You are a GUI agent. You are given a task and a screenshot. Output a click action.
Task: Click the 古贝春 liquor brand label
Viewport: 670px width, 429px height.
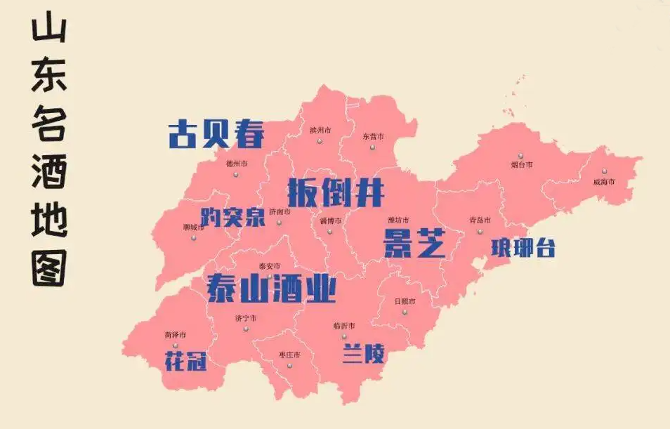[216, 133]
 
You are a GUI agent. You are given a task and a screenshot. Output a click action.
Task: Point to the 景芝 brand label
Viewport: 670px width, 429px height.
[414, 242]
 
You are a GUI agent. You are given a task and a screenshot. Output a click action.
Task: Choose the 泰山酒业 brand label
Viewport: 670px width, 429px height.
[272, 288]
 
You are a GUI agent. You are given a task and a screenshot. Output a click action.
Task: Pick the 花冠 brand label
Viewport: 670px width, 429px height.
[186, 361]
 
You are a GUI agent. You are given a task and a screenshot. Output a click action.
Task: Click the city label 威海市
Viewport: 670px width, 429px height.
[604, 182]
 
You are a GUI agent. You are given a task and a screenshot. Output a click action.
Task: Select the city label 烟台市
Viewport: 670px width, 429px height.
[521, 164]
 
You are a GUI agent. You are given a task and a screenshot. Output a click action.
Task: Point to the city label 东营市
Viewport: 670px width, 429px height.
[374, 136]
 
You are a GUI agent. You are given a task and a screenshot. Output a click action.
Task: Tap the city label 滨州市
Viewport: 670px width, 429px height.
[320, 130]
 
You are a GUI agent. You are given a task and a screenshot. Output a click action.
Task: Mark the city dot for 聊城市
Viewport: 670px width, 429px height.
[194, 237]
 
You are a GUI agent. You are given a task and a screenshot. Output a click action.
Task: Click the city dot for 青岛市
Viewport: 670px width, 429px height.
[480, 231]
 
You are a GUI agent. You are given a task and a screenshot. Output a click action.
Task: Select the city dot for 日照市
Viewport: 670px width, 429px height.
[405, 311]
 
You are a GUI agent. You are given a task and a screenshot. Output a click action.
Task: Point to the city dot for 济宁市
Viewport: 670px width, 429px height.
[246, 329]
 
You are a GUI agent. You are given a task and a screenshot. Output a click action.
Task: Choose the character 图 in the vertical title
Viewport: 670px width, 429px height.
[49, 267]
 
